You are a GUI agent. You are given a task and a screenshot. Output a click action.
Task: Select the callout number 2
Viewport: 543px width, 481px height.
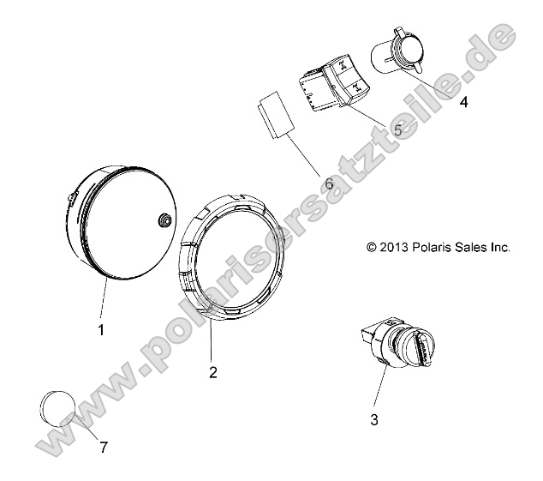tap(212, 372)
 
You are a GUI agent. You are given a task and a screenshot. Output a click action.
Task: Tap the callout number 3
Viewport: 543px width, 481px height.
tap(373, 419)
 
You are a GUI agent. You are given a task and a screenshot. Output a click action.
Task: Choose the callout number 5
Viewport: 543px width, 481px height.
tap(397, 130)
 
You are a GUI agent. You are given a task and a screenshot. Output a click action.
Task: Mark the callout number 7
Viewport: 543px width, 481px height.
tap(103, 448)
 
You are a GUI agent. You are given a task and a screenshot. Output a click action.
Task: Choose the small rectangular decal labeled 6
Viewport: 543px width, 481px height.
tap(274, 114)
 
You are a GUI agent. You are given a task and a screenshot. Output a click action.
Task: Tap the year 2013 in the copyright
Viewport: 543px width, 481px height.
tap(393, 247)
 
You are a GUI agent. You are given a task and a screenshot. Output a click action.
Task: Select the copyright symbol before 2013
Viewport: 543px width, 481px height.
tap(372, 247)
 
